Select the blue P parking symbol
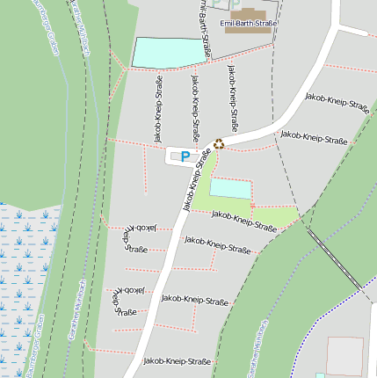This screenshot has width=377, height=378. (x=185, y=156)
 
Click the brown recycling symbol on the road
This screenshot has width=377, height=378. (x=219, y=144)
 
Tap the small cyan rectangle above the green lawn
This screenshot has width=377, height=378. (x=229, y=188)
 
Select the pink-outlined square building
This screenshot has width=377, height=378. (x=344, y=355)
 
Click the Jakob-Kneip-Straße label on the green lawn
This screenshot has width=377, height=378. (x=243, y=221)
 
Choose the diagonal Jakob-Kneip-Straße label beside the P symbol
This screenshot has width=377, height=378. (x=199, y=179)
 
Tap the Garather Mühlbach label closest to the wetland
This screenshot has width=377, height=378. (x=74, y=312)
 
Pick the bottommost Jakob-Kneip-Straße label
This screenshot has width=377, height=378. (x=178, y=361)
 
